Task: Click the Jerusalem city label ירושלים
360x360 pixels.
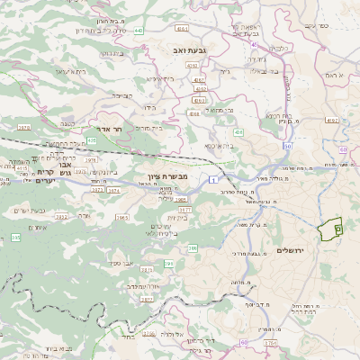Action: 292,249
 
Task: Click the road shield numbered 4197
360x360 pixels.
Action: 332,120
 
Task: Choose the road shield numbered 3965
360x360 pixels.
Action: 122,217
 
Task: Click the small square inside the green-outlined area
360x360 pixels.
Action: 337,230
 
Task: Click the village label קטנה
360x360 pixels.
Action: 65,121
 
